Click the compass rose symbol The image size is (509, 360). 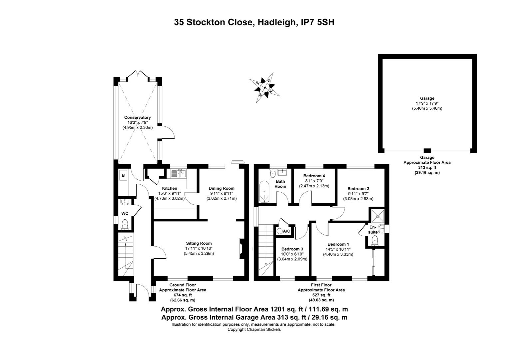coord(265,88)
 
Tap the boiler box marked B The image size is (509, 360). coord(123,175)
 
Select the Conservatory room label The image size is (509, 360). coord(137,118)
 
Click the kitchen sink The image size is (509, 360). coord(178,174)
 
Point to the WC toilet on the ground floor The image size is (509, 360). coord(125,224)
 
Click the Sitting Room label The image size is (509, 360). coord(199,243)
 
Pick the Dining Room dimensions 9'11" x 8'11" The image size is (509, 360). coord(222,193)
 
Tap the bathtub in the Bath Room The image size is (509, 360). coord(264,191)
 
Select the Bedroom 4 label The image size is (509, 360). coord(314,176)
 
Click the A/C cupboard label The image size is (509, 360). coord(286,231)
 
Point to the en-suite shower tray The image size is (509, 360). coord(378,216)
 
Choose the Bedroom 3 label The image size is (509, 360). coord(292,249)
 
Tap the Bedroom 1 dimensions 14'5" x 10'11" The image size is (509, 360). coord(338,249)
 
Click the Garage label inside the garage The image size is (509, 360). coord(427,98)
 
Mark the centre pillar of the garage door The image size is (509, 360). coord(427,151)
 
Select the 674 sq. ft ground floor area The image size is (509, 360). coord(183,295)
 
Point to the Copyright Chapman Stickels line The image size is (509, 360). coord(254,329)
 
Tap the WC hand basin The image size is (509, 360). coord(125,202)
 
